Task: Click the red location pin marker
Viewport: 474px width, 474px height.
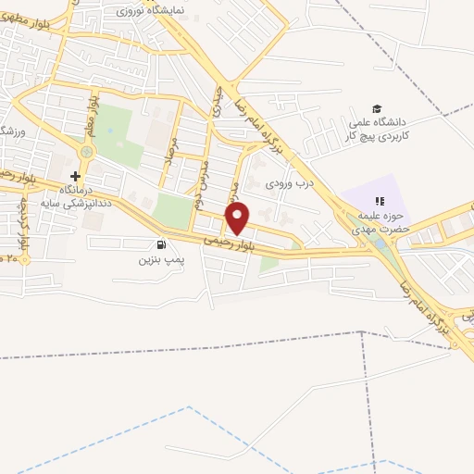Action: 238,219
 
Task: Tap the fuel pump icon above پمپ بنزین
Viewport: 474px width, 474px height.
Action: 163,245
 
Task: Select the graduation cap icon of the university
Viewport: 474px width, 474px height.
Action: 376,108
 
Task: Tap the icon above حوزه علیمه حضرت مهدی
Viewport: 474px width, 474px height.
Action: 378,201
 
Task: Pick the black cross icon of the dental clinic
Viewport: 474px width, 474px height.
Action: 75,175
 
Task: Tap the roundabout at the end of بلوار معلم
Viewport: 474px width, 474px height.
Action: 87,152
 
